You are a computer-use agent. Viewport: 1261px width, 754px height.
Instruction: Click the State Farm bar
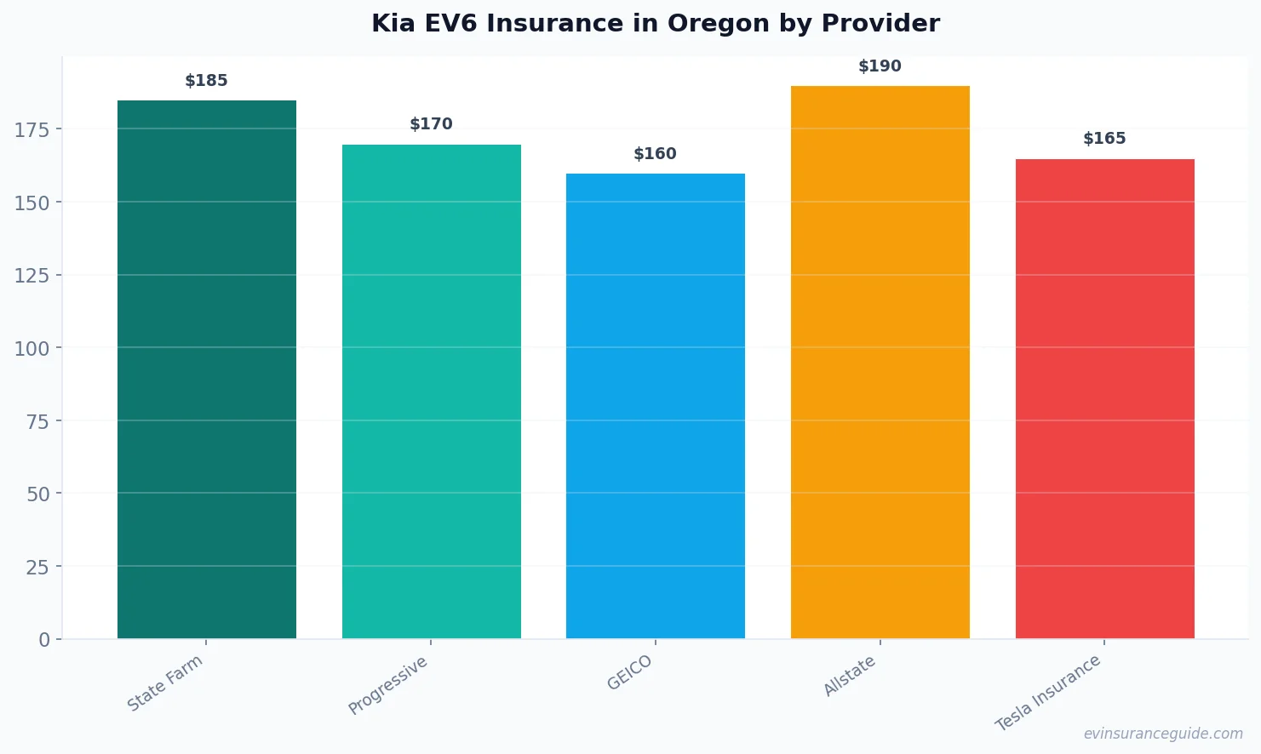(207, 369)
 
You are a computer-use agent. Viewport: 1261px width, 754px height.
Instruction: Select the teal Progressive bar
(431, 391)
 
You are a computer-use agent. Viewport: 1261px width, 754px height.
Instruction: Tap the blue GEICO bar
(655, 406)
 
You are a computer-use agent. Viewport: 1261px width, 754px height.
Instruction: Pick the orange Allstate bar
(880, 362)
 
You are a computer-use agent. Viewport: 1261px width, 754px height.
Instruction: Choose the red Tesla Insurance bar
(1104, 398)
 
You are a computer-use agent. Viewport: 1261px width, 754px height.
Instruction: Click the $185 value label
(206, 81)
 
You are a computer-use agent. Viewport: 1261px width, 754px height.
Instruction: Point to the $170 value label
(431, 124)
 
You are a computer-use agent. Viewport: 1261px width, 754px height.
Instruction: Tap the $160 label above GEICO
(655, 154)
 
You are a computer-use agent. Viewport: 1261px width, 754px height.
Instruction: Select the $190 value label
(880, 66)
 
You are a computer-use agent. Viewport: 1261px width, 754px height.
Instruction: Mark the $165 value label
(1104, 139)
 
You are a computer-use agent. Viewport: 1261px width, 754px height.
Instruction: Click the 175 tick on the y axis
(32, 129)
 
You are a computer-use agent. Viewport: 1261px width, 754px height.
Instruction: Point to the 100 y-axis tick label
(32, 348)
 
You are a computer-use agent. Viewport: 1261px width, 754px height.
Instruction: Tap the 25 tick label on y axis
(37, 567)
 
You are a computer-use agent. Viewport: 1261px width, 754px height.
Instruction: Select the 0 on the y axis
(44, 640)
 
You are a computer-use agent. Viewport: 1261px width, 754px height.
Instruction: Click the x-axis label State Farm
(165, 683)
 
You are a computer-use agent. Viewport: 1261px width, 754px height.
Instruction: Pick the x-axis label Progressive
(388, 686)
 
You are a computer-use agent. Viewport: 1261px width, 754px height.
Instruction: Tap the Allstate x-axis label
(850, 677)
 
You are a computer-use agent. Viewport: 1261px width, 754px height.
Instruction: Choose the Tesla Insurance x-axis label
(1048, 693)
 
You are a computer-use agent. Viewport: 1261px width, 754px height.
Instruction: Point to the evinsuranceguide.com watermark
(1163, 734)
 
